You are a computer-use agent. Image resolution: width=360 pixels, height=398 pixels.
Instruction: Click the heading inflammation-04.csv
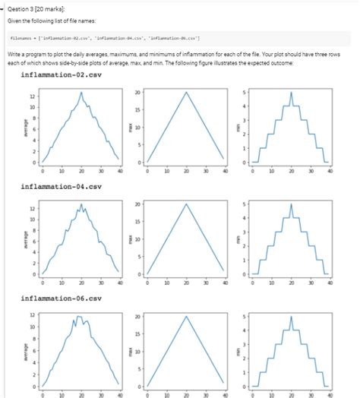pos(62,187)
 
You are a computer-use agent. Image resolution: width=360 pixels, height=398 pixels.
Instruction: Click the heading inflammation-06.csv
pos(62,298)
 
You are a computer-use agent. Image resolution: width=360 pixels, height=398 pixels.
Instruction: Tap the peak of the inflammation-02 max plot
pos(186,92)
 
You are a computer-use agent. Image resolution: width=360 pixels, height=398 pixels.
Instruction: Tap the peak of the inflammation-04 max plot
pos(186,204)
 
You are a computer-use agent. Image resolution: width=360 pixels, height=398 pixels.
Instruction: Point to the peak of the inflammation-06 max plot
pos(186,315)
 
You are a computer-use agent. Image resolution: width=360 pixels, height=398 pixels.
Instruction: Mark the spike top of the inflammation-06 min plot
pos(291,315)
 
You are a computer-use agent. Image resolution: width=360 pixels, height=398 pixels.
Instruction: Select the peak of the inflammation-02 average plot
pos(81,92)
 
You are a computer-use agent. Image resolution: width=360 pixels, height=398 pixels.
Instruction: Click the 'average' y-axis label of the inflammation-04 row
pos(27,239)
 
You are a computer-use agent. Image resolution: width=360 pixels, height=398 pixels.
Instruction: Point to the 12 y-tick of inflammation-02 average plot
pos(32,97)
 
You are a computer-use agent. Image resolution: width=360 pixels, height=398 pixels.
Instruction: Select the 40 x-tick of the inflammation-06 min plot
pos(329,395)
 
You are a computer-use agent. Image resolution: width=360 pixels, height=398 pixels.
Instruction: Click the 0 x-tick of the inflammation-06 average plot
pos(43,395)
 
